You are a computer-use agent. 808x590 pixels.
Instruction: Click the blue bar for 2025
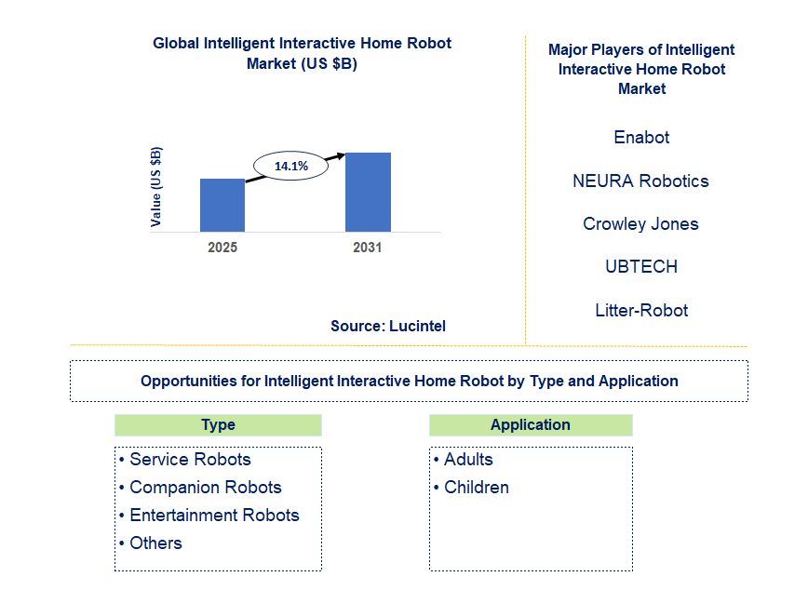pos(222,205)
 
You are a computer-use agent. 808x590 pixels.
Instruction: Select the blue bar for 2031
pos(368,193)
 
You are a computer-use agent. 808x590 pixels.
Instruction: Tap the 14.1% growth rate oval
pos(290,166)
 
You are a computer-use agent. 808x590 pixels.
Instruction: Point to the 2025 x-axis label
pos(222,248)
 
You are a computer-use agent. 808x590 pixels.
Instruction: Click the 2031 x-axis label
pos(368,248)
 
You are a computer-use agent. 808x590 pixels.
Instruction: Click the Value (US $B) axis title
pos(155,186)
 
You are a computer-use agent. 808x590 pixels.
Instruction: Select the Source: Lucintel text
pos(388,326)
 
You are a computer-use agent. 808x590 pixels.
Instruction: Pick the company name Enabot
pos(641,137)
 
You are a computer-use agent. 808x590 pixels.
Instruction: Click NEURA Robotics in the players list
pos(640,181)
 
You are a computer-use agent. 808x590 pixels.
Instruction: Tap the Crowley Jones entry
pos(640,223)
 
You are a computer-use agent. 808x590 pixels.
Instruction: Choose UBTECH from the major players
pos(641,266)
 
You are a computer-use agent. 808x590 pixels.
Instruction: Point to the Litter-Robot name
pos(641,310)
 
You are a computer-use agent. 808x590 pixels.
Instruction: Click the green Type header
pos(218,425)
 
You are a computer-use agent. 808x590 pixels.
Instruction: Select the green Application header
pos(531,425)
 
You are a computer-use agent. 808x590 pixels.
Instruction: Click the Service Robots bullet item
pos(185,459)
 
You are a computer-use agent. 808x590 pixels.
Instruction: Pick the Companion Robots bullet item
pos(200,487)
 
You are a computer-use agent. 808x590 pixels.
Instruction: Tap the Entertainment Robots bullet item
pos(209,515)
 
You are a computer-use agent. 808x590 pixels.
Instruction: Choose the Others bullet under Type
pos(151,543)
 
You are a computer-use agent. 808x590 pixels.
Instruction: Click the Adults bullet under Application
pos(464,459)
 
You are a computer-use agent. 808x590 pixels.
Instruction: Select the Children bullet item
pos(472,487)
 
